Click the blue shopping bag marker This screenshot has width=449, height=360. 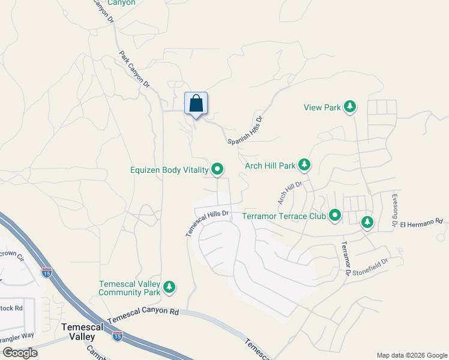pyautogui.click(x=196, y=104)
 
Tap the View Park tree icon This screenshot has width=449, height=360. pyautogui.click(x=350, y=107)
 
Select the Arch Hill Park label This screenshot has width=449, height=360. pyautogui.click(x=270, y=165)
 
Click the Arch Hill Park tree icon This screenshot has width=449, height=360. pyautogui.click(x=304, y=164)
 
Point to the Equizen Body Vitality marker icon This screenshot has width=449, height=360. pyautogui.click(x=217, y=170)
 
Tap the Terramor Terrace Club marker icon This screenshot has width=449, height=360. pyautogui.click(x=334, y=215)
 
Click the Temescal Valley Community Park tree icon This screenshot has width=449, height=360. pyautogui.click(x=170, y=287)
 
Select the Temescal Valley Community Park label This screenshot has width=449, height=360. pyautogui.click(x=130, y=288)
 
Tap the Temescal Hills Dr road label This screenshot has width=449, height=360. pyautogui.click(x=207, y=222)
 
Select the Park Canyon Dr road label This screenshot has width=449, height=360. pyautogui.click(x=134, y=70)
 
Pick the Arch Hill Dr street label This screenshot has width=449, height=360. pyautogui.click(x=289, y=190)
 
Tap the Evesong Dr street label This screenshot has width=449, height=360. pyautogui.click(x=394, y=209)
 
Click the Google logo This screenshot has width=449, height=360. pyautogui.click(x=20, y=352)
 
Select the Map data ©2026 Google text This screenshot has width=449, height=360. pyautogui.click(x=411, y=355)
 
